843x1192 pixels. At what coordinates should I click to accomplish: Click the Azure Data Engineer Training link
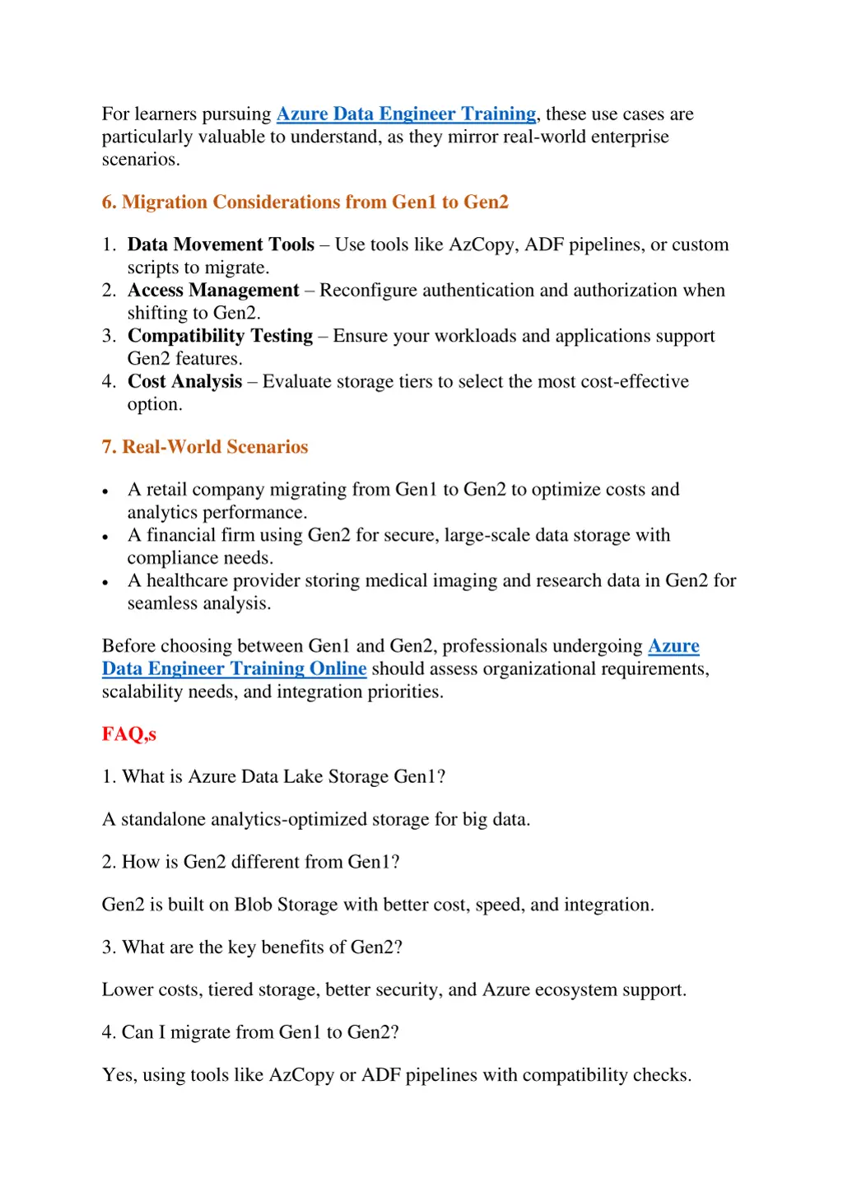tap(406, 114)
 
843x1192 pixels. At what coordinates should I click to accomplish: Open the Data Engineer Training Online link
tap(234, 668)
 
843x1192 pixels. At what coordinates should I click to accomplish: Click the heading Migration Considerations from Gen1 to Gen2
tap(305, 202)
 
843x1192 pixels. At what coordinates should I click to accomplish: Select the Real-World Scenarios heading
tap(204, 447)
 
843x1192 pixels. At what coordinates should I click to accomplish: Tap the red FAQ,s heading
tap(128, 734)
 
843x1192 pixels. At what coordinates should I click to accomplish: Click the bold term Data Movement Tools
tap(221, 244)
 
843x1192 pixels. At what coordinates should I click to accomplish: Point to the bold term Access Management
tap(213, 291)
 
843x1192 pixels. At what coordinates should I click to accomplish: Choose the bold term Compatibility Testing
tap(220, 336)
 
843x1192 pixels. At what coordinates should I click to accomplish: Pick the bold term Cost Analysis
tap(184, 382)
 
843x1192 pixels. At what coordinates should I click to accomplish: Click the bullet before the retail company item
tap(105, 491)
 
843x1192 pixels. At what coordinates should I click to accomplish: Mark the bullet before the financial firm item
tap(105, 537)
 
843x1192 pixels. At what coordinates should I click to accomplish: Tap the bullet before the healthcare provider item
tap(105, 582)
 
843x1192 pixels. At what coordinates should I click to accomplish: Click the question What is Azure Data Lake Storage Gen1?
tap(273, 777)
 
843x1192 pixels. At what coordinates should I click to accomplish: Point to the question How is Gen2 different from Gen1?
tap(250, 862)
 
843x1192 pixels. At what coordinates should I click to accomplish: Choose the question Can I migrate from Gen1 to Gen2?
tap(250, 1032)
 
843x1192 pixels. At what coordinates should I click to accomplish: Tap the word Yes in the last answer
tap(119, 1075)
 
